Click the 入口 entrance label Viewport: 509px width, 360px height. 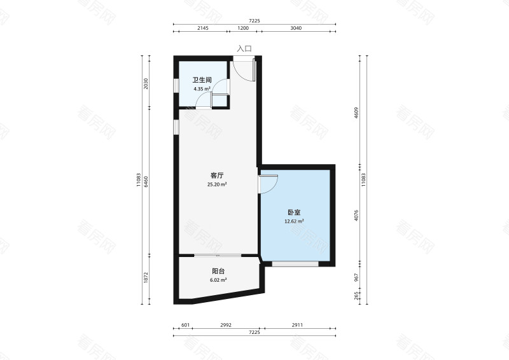(244, 48)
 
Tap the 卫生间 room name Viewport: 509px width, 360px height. (202, 80)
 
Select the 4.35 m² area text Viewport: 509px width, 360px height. (202, 89)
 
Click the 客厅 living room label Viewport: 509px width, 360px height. (217, 176)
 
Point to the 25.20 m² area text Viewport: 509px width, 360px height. (217, 184)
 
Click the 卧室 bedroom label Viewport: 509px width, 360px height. (294, 212)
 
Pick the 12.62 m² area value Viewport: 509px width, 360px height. (294, 221)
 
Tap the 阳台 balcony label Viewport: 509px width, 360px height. (217, 271)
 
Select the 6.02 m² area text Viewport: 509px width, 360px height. (217, 280)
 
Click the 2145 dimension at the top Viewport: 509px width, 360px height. (203, 29)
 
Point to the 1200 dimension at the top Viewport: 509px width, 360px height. (243, 29)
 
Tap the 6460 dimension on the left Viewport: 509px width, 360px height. (146, 181)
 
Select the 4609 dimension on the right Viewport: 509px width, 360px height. (358, 113)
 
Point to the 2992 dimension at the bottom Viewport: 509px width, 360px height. (225, 326)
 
